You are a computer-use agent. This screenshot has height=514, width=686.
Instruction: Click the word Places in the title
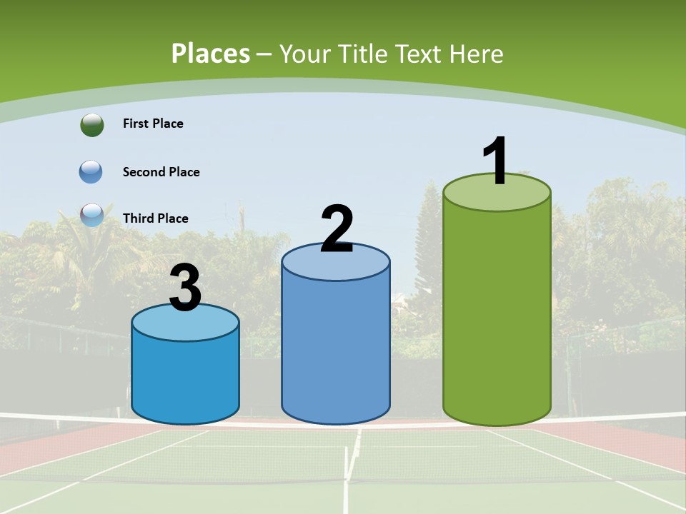click(x=211, y=54)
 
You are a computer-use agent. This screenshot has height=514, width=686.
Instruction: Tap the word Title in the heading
click(x=364, y=54)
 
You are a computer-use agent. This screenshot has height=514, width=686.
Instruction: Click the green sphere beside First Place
click(x=91, y=124)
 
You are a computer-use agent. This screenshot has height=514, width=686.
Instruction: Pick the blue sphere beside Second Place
click(x=91, y=172)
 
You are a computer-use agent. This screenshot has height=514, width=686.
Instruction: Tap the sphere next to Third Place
click(x=91, y=215)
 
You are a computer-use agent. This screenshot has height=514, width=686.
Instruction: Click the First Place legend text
click(x=153, y=124)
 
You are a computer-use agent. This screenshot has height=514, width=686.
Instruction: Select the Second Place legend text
click(x=161, y=172)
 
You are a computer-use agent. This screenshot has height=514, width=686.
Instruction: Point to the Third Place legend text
click(x=155, y=218)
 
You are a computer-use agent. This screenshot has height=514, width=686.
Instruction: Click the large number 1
click(x=496, y=161)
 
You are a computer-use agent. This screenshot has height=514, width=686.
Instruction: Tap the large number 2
click(x=337, y=229)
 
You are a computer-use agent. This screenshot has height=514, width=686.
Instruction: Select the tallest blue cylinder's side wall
click(x=336, y=350)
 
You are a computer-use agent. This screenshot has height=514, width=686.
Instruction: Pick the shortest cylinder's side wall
click(x=185, y=378)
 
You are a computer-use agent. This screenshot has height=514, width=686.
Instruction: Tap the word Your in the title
click(x=305, y=54)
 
